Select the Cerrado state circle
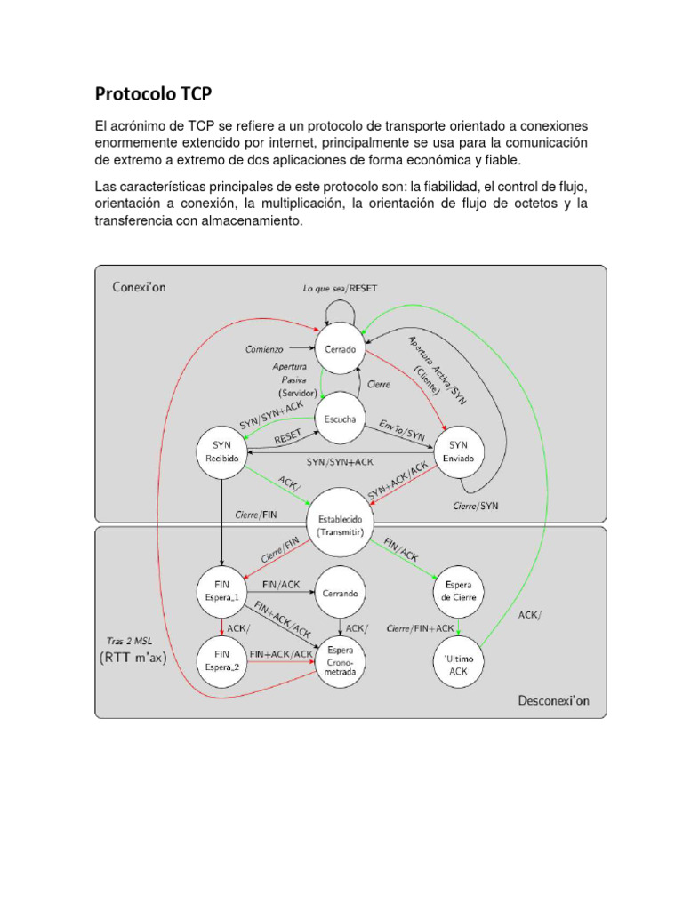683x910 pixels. (x=341, y=349)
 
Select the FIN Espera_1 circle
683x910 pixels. (x=221, y=591)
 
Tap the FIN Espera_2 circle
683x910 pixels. (x=221, y=659)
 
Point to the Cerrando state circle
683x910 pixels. (x=341, y=591)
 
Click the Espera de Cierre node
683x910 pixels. (x=459, y=591)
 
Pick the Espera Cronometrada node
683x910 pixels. (x=341, y=661)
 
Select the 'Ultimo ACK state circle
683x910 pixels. (x=459, y=665)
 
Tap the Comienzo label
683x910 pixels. (x=264, y=349)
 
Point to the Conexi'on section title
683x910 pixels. (x=139, y=287)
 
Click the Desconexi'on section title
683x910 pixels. (x=553, y=700)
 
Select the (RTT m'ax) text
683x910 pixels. (x=135, y=659)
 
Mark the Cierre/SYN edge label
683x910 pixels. (x=476, y=505)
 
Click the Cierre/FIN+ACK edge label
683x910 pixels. (x=421, y=628)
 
